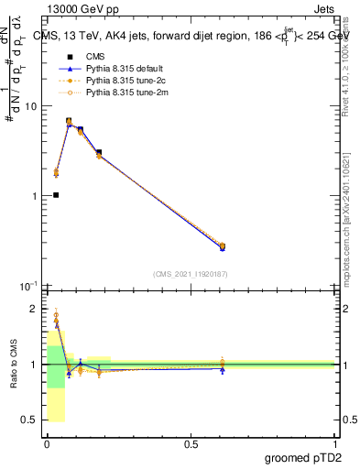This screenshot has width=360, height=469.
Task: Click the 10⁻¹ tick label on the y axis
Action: [x=29, y=286]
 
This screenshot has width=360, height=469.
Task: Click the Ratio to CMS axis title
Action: [x=14, y=364]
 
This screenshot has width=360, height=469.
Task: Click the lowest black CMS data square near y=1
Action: [x=56, y=195]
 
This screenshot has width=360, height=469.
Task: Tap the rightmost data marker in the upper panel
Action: [x=223, y=246]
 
